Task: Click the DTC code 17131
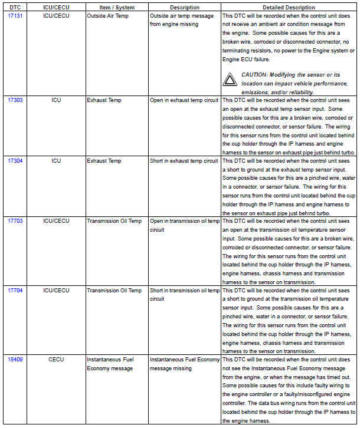coord(15,15)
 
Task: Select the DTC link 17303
coord(15,100)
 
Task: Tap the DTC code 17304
coord(15,161)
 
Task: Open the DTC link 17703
coord(15,221)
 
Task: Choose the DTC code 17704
coord(15,290)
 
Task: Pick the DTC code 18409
coord(15,359)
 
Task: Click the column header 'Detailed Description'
coord(289,7)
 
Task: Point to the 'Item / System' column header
coord(117,7)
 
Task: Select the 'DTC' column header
coord(15,7)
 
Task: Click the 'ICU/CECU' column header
coord(56,7)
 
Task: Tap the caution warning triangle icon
coord(230,79)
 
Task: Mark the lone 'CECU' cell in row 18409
coord(56,359)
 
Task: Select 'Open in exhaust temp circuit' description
coord(184,100)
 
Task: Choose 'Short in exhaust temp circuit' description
coord(184,161)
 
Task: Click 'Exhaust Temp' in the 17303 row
coord(104,100)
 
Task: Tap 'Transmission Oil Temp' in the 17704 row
coord(114,290)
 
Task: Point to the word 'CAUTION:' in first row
coord(256,75)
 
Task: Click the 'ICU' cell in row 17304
coord(56,161)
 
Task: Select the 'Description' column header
coord(184,7)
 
